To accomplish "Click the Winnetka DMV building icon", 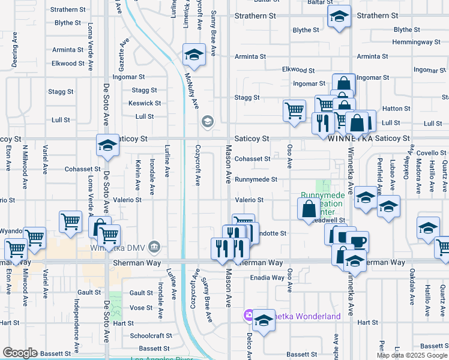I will [155, 247].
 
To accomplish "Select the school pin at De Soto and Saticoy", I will [107, 146].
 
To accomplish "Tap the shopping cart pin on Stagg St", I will [294, 110].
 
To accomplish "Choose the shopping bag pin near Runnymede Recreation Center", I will [309, 209].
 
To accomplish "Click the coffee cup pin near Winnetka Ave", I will [357, 242].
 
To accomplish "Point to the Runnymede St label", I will [256, 179].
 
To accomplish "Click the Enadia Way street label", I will [267, 278].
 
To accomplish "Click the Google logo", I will [20, 353].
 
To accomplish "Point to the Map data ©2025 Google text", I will [412, 355].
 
